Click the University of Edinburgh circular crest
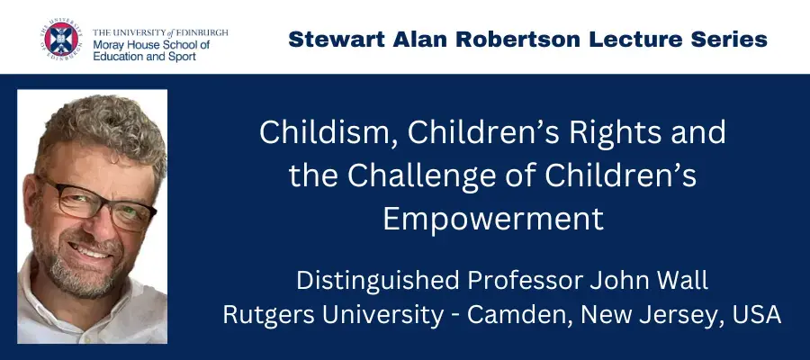pos(61,40)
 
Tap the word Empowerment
pos(493,219)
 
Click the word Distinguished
pos(378,281)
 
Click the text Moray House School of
pos(151,45)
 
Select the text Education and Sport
pos(144,57)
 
